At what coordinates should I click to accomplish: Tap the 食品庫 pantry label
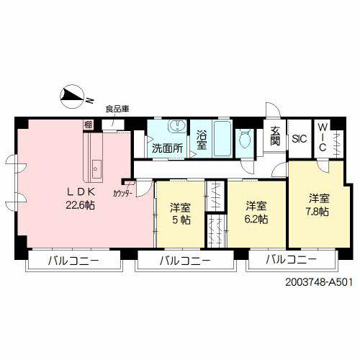(117, 109)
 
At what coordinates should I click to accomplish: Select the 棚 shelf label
(88, 125)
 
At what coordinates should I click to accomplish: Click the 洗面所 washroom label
(166, 148)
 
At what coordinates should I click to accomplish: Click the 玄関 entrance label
(276, 136)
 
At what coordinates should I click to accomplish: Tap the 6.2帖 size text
(256, 218)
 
